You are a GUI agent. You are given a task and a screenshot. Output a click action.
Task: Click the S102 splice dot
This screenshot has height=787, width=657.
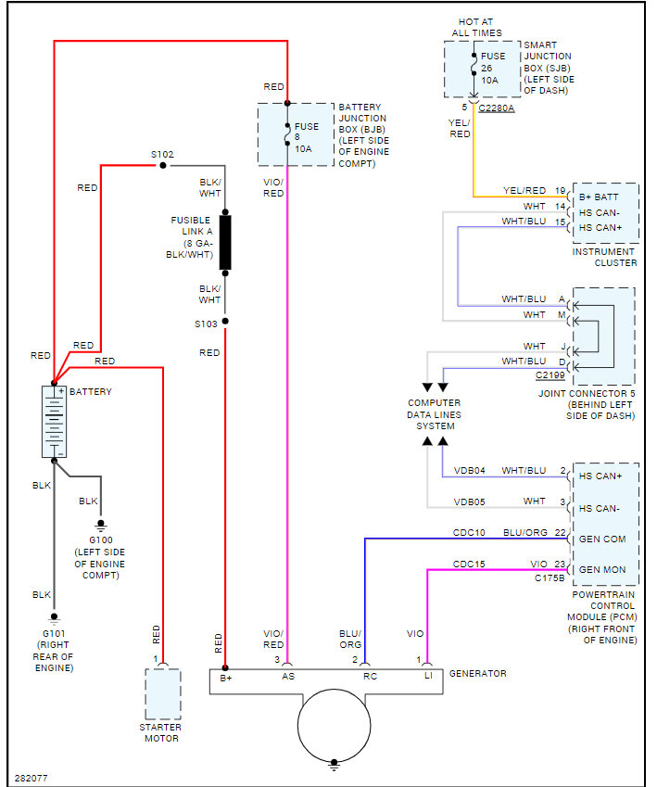point(162,165)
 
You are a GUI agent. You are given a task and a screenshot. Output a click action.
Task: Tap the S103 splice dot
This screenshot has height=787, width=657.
point(225,322)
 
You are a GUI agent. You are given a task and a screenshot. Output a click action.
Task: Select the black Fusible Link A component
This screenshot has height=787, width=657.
point(225,243)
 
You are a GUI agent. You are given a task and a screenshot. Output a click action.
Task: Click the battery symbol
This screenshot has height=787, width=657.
point(54,422)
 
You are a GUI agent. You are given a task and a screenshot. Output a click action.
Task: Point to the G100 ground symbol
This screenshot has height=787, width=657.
point(101,526)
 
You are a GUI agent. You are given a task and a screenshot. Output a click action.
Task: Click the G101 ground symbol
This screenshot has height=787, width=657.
point(54,619)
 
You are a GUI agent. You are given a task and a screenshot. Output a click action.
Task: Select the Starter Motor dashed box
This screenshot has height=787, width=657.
point(163,694)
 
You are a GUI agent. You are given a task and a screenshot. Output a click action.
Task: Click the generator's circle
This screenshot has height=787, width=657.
point(335,725)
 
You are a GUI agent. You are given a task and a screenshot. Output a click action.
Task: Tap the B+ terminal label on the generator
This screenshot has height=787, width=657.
point(226,679)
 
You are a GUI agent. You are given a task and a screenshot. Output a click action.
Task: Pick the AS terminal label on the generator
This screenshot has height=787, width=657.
point(288,677)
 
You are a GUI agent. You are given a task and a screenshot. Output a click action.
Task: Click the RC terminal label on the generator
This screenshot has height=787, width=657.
point(370,677)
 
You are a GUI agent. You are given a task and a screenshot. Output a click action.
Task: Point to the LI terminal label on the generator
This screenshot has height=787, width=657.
point(428,676)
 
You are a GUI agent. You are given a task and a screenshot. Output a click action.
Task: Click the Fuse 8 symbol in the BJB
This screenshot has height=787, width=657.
point(287,134)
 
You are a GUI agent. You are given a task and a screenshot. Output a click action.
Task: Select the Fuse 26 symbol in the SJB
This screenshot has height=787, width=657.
point(474,65)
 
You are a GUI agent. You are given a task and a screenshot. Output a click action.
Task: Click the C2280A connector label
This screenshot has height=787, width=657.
point(497,108)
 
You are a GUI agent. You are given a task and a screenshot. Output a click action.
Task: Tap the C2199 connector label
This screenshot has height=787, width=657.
point(550,374)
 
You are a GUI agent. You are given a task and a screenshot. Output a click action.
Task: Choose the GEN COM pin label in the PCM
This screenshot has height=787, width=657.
point(602,539)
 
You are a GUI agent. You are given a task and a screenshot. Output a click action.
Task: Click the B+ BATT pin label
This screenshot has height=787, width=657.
point(599,197)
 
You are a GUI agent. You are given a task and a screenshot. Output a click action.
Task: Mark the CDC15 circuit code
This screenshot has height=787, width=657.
point(469,565)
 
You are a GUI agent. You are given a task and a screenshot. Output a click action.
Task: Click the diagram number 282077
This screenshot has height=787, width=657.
point(32,778)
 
